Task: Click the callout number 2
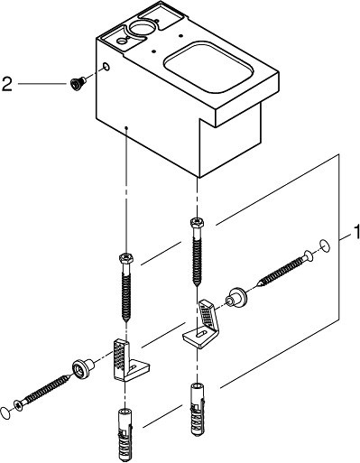pyautogui.click(x=7, y=84)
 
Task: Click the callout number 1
pyautogui.click(x=356, y=232)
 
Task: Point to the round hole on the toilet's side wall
pyautogui.click(x=106, y=66)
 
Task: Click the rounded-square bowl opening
pyautogui.click(x=208, y=68)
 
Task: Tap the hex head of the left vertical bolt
pyautogui.click(x=126, y=258)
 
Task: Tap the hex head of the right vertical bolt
pyautogui.click(x=197, y=223)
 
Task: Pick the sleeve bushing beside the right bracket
pyautogui.click(x=236, y=298)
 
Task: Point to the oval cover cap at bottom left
pyautogui.click(x=6, y=412)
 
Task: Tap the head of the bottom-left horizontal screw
pyautogui.click(x=18, y=405)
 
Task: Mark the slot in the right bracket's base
pyautogui.click(x=202, y=333)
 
